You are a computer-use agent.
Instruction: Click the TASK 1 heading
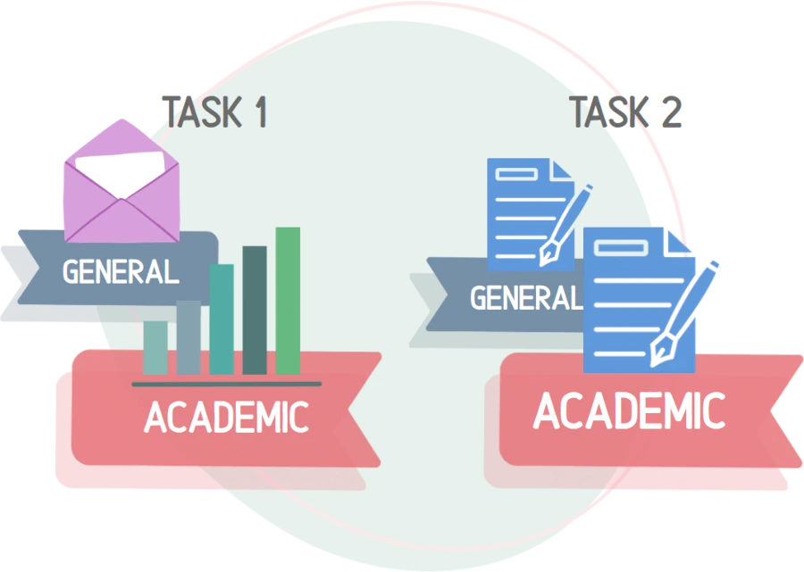214,112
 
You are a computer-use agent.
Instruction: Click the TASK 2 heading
626,112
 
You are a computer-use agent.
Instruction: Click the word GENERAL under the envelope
121,271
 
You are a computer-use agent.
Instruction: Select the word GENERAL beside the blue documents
525,297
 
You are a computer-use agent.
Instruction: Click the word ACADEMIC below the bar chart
226,417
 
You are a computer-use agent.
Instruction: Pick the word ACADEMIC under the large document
629,411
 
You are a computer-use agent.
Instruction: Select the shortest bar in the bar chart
155,347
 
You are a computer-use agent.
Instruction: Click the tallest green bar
288,300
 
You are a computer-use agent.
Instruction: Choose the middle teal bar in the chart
221,319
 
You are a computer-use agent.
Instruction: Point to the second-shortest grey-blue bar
188,336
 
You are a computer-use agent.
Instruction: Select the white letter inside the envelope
121,170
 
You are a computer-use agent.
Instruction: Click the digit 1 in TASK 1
259,112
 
